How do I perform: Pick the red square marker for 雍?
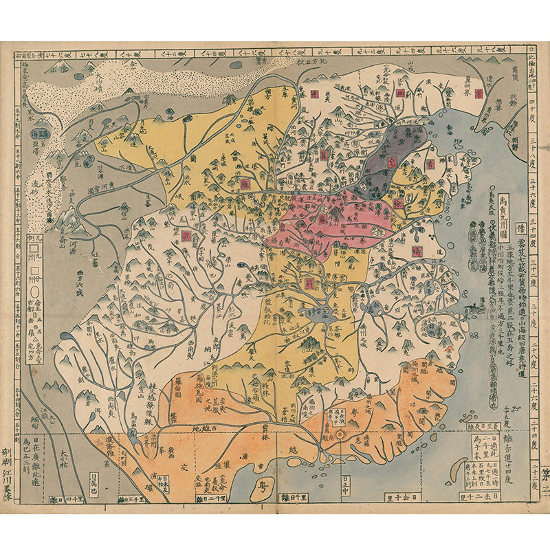pyautogui.click(x=245, y=184)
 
